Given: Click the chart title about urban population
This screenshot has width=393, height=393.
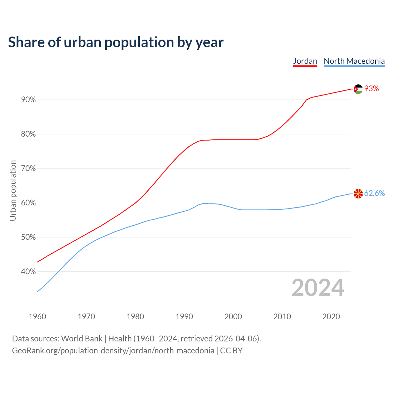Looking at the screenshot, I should click(x=116, y=42).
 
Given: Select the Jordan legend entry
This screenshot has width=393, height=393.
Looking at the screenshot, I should click(x=305, y=61).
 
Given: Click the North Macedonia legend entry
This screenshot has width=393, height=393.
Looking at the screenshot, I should click(x=354, y=61).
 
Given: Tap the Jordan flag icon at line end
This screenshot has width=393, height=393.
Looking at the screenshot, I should click(x=358, y=89).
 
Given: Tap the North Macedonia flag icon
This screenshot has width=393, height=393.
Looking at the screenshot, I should click(x=358, y=194).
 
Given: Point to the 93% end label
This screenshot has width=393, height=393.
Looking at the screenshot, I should click(x=372, y=89).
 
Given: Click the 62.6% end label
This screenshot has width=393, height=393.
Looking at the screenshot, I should click(x=374, y=193).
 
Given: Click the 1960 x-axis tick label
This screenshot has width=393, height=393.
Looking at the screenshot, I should click(x=37, y=317).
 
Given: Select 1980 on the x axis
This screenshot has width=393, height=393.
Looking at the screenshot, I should click(x=135, y=317).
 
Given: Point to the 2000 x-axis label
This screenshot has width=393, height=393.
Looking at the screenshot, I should click(x=233, y=317).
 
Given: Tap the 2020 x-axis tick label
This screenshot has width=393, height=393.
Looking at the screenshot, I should click(x=331, y=317).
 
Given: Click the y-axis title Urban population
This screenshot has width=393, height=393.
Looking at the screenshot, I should click(x=13, y=190).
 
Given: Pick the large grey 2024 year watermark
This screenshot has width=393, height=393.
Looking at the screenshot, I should click(x=318, y=288).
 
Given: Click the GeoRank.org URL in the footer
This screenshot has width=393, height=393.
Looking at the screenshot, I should click(x=113, y=351).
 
